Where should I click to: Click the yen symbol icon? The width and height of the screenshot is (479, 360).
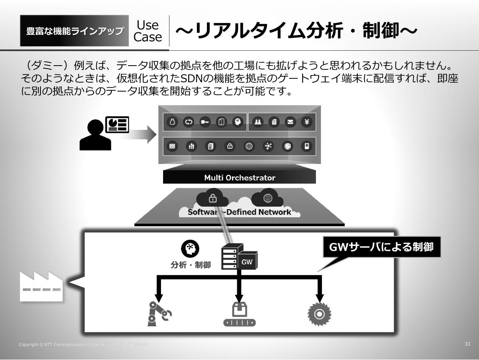[x=307, y=122]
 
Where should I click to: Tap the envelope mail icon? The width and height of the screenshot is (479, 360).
[x=291, y=122]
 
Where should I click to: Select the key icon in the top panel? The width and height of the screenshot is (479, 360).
[x=205, y=122]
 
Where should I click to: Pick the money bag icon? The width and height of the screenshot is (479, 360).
[x=172, y=122]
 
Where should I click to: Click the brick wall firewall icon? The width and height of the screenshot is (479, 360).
[x=172, y=146]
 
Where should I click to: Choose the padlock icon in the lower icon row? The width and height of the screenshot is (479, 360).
[x=230, y=146]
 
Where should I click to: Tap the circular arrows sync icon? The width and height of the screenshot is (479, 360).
[x=189, y=122]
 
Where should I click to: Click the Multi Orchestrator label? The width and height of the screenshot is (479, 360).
[x=239, y=178]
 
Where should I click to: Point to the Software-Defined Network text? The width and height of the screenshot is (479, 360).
[x=239, y=212]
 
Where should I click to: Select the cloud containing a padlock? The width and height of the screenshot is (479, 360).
[x=212, y=198]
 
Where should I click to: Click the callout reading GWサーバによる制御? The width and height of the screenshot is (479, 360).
[x=381, y=247]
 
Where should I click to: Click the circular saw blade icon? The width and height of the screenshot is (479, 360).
[x=319, y=314]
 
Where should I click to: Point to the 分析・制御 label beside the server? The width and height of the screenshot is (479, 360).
[x=191, y=265]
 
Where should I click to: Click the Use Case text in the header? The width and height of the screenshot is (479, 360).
[x=148, y=31]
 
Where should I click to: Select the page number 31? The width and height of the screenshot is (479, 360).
[x=467, y=344]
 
